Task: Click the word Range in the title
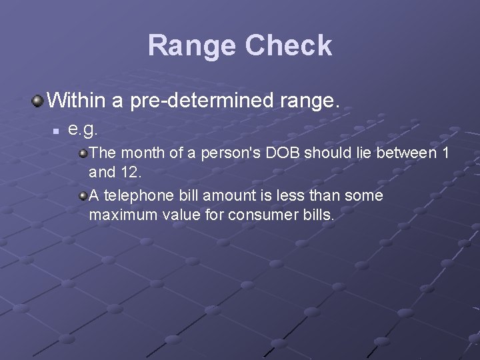point(193,46)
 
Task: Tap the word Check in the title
point(288,46)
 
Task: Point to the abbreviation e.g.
point(83,127)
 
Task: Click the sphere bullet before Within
point(37,101)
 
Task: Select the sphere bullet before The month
point(83,154)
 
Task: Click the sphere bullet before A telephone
point(83,196)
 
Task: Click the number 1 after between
point(445,154)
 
